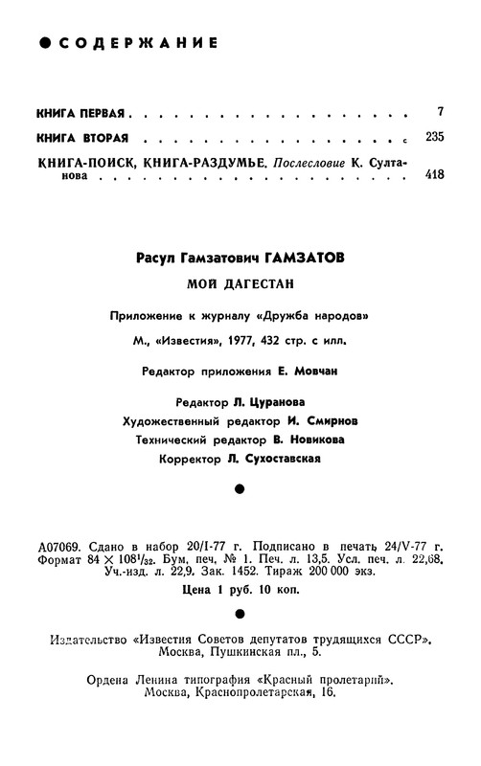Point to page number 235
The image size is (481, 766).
point(434,137)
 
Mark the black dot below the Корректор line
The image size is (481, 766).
point(240,489)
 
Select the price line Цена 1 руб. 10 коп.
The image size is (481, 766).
point(240,590)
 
